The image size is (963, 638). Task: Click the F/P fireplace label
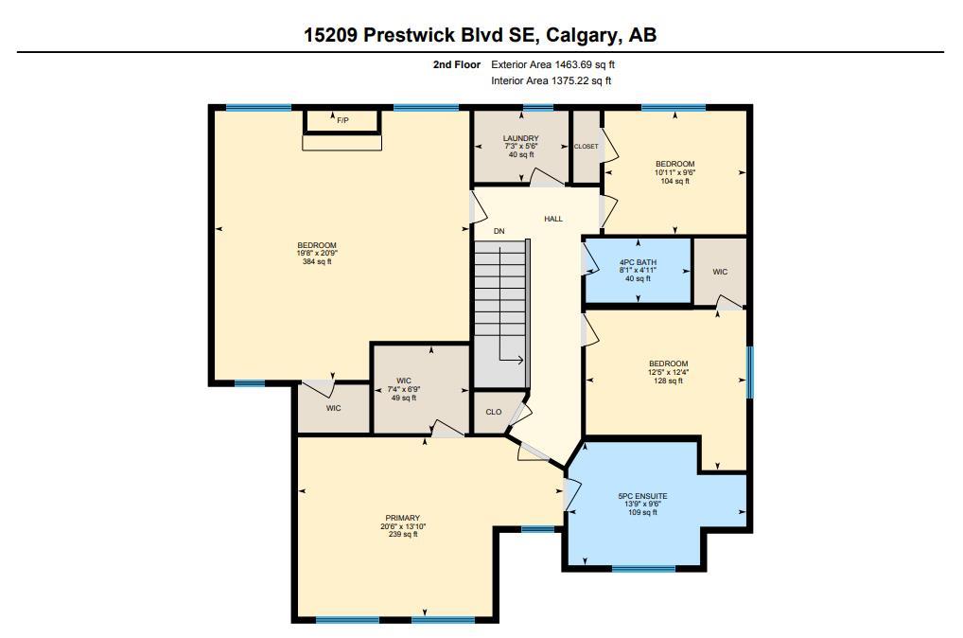point(342,120)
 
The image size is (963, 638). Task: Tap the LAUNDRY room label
point(520,139)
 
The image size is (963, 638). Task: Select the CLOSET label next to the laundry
point(586,147)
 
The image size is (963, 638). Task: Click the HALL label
point(553,219)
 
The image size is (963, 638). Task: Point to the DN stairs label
point(499,231)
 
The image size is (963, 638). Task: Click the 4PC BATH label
point(638,262)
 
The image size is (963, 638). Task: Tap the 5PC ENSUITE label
point(642,496)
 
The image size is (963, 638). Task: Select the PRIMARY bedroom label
point(401,518)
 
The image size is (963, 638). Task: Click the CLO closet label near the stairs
point(493,413)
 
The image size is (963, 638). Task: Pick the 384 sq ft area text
point(316,261)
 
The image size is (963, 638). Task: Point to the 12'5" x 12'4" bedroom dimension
point(668,372)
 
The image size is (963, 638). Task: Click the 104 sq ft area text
point(674,181)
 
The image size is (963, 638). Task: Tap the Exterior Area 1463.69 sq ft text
point(553,64)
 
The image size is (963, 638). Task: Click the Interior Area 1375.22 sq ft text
point(552,81)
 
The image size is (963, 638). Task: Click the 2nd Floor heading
point(456,64)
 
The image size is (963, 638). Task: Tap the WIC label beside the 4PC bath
point(720,272)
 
